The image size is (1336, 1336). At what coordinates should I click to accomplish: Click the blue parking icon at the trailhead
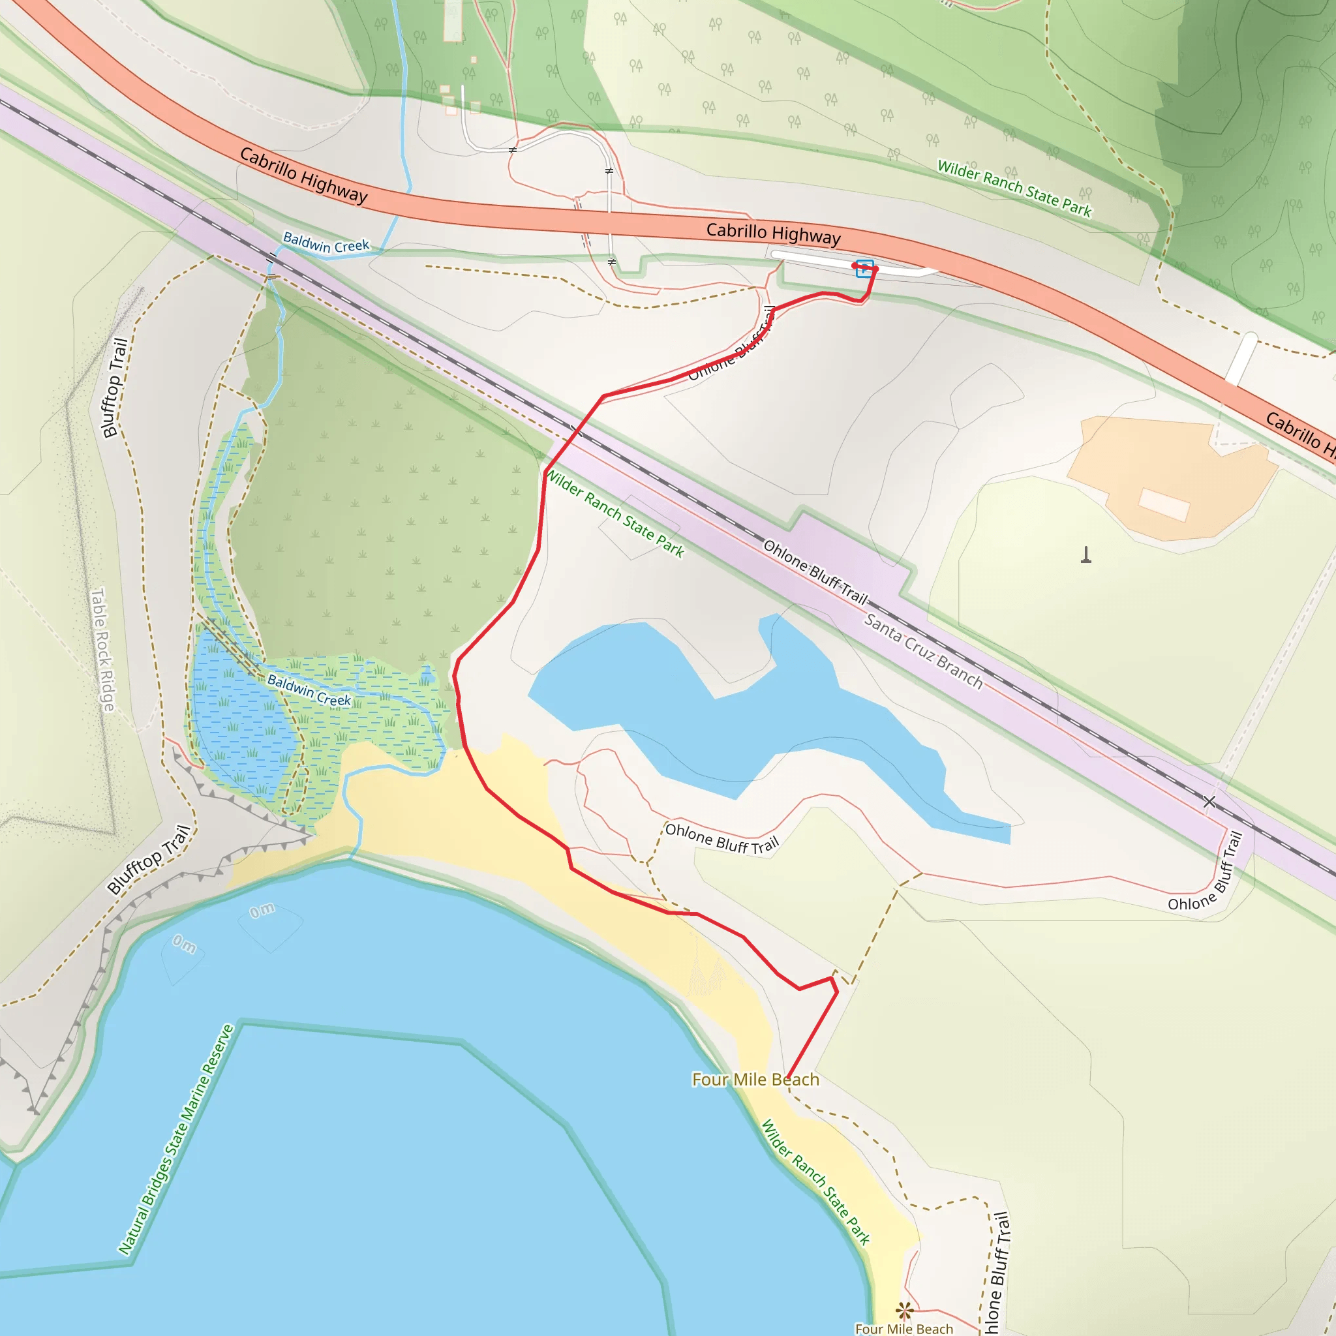[864, 268]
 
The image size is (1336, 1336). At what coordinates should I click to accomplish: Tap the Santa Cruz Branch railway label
[923, 650]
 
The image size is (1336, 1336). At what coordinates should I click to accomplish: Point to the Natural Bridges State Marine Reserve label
[175, 1140]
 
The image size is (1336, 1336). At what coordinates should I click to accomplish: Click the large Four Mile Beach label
[755, 1080]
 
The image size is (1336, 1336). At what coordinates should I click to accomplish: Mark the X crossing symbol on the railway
[1209, 802]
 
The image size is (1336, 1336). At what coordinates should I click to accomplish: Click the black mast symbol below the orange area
[1085, 554]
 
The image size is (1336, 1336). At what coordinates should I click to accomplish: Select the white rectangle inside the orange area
[1164, 504]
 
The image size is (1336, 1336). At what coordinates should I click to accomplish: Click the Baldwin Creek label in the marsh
[309, 690]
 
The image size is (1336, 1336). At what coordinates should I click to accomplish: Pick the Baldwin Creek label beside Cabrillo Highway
[326, 243]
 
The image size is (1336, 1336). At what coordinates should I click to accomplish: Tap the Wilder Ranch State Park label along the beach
[815, 1182]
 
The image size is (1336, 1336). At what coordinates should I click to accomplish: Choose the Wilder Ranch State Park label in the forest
[1014, 188]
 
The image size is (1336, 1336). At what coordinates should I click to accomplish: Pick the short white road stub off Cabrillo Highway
[1241, 358]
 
